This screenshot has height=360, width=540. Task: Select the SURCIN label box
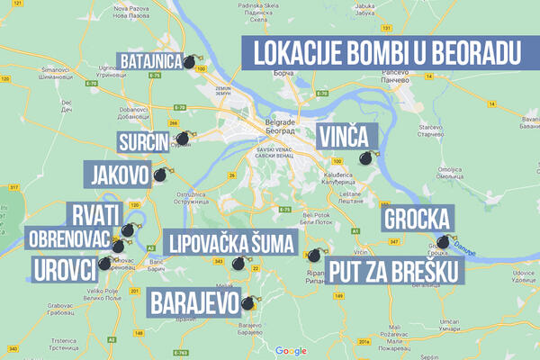(143, 142)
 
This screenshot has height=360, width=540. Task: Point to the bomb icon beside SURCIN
(183, 139)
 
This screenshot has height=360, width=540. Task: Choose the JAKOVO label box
(114, 174)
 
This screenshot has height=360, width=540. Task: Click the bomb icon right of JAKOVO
(160, 175)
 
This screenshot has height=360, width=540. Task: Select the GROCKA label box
(417, 219)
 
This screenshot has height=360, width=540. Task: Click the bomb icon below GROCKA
(442, 243)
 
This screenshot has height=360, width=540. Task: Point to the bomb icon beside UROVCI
(107, 264)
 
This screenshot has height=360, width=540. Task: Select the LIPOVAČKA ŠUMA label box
(217, 241)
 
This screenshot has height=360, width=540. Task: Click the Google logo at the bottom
(291, 350)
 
